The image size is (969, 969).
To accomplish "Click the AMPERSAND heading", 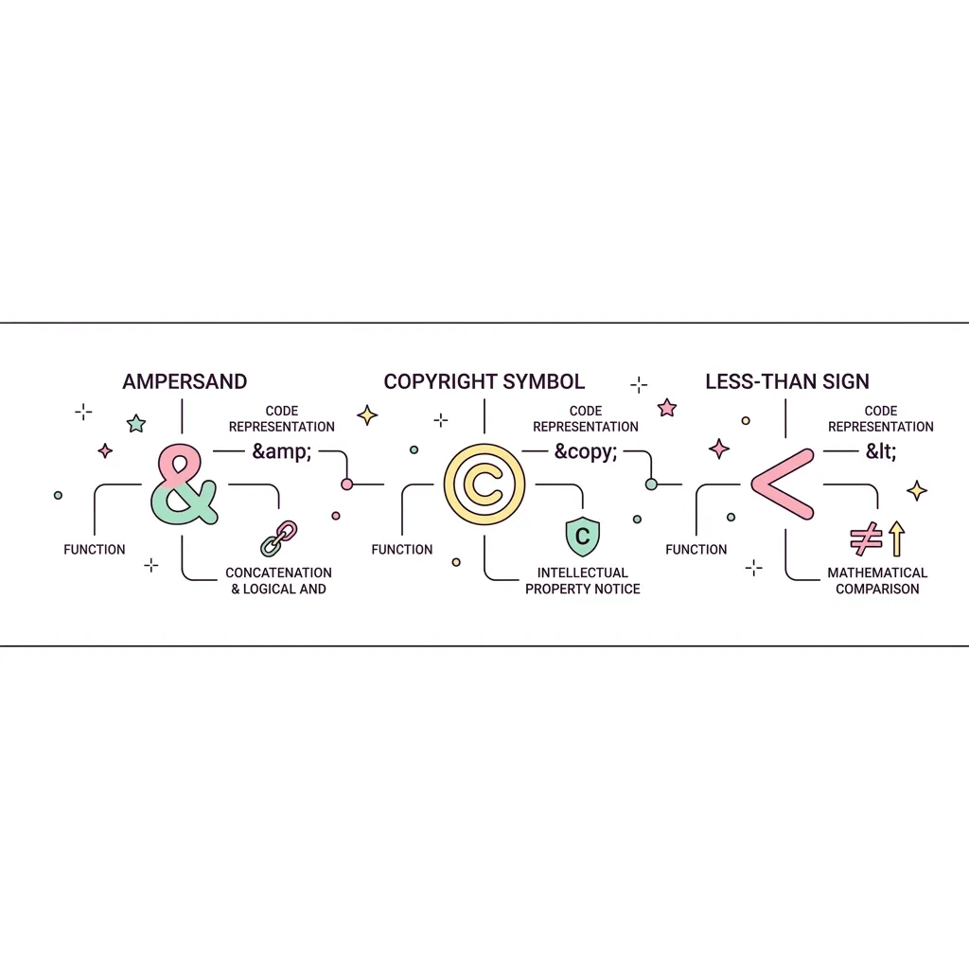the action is coord(185,381).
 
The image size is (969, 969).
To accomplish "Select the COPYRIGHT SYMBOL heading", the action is coord(484,381).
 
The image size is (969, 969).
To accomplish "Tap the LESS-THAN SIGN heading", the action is coord(786,381).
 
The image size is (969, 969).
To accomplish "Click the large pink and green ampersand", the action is coord(183,484).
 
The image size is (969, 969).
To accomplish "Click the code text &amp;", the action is coord(282,451).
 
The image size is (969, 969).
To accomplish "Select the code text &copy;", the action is coord(585,451).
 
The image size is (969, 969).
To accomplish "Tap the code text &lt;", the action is coord(881,451).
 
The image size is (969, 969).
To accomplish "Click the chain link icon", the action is coord(279,538).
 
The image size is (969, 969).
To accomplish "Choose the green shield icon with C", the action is coord(582,536).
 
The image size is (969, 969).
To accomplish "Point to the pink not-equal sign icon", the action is coord(866,538).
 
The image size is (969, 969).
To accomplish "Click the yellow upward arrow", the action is coord(897,538).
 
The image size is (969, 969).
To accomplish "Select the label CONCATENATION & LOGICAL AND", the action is coord(279,581).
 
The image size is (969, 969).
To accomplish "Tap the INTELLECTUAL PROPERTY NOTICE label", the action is coord(582,581).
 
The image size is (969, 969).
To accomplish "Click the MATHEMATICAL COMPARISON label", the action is coord(877,581).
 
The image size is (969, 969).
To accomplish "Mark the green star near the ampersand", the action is coord(136,424).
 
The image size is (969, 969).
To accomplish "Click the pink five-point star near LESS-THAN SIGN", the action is coord(667,408).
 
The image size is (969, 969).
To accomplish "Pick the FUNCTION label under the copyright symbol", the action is coord(401,550).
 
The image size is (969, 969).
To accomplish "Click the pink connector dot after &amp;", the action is coord(346,484).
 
